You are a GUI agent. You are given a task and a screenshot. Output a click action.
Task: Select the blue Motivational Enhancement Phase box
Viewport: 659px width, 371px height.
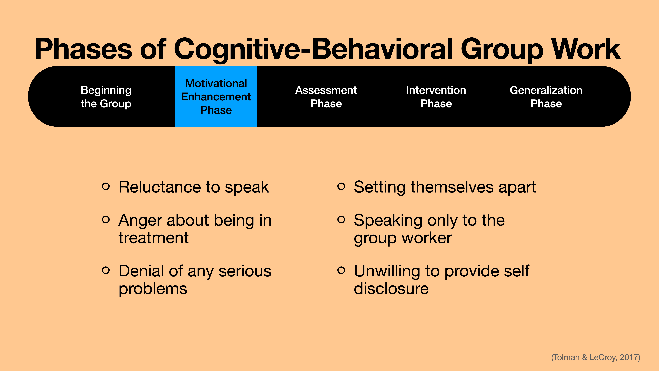216,97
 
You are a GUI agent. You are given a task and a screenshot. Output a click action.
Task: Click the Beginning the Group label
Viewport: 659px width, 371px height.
106,97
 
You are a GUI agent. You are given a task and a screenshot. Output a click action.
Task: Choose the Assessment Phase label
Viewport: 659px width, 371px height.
326,97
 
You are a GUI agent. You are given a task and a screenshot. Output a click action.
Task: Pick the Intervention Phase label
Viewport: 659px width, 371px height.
436,97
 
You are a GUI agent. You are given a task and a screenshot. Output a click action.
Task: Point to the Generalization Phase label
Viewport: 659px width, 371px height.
546,97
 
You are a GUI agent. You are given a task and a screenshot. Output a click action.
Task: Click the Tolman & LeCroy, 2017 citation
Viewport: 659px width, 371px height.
596,357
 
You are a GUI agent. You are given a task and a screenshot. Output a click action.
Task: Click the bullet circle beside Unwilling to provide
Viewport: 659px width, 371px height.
341,270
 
